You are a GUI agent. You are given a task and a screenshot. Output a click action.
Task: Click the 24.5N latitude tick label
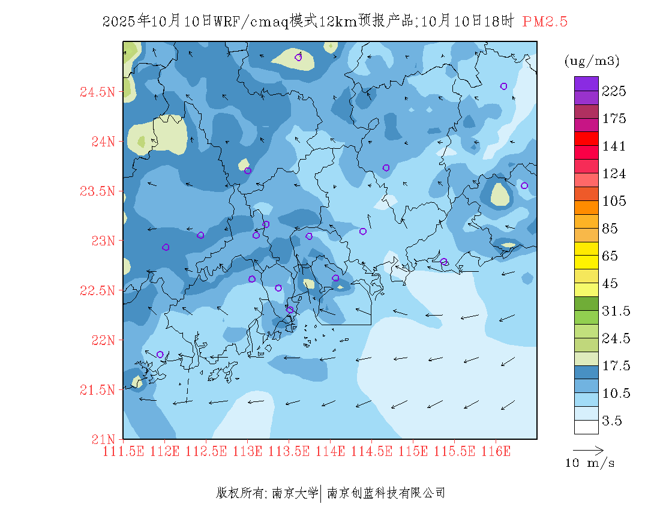pyautogui.click(x=97, y=92)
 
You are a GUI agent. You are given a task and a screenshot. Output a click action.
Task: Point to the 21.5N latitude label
pyautogui.click(x=97, y=390)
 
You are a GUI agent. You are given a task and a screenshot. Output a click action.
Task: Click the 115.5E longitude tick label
pyautogui.click(x=455, y=451)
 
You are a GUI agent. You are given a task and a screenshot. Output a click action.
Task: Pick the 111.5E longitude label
pyautogui.click(x=123, y=451)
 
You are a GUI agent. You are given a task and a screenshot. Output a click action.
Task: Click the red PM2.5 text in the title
pyautogui.click(x=545, y=22)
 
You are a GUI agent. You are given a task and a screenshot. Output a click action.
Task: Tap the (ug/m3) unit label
pyautogui.click(x=592, y=61)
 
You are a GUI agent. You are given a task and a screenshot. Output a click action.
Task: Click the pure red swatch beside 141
pyautogui.click(x=586, y=139)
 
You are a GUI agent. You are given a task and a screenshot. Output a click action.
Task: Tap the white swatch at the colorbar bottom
pyautogui.click(x=586, y=427)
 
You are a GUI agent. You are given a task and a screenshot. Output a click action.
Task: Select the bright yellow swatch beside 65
pyautogui.click(x=586, y=248)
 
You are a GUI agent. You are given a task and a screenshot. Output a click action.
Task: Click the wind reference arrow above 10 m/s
pyautogui.click(x=588, y=449)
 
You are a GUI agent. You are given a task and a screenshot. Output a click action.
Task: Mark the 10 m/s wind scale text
pyautogui.click(x=590, y=463)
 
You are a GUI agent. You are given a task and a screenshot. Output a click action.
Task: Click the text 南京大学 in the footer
pyautogui.click(x=295, y=493)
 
